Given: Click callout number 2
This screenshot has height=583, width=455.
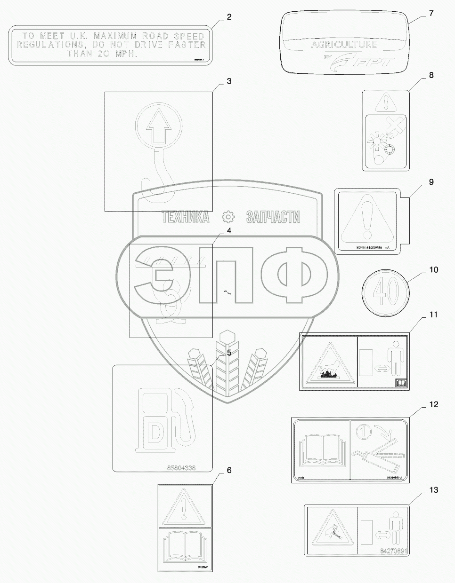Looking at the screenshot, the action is (229, 17).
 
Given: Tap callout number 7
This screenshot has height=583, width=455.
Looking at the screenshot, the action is (431, 13).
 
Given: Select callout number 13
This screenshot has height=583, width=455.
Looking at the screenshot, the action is (433, 490).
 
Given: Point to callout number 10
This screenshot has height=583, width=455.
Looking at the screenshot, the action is (433, 270).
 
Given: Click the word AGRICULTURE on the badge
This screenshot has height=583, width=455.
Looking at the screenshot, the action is (344, 45).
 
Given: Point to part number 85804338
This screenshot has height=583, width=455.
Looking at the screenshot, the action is (161, 468).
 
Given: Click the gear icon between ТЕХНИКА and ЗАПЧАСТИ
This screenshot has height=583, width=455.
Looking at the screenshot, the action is (228, 217).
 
